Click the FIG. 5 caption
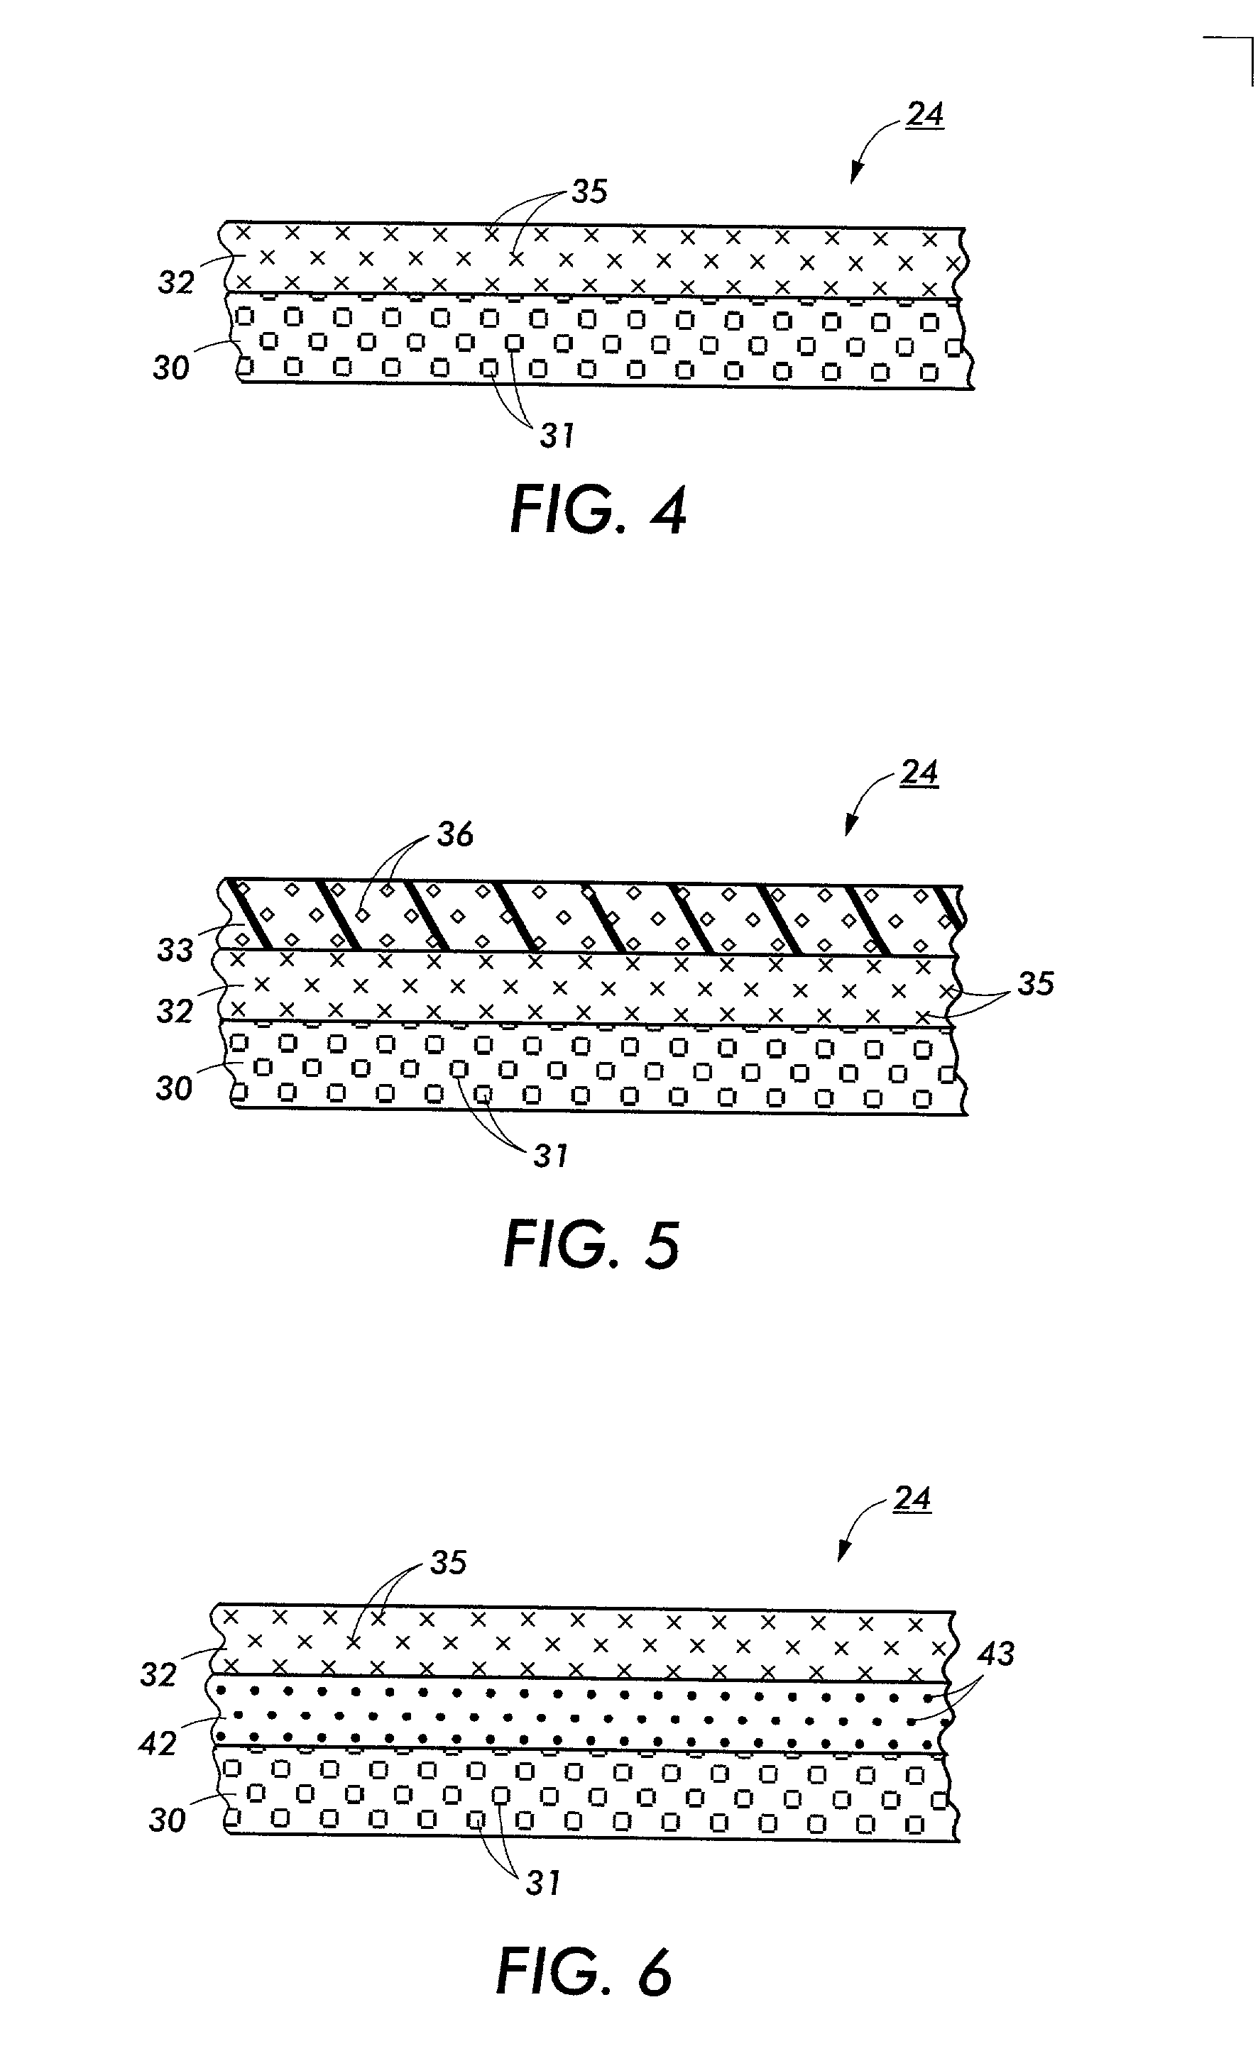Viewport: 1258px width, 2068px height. coord(591,1246)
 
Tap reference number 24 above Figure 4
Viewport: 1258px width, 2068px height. coord(924,114)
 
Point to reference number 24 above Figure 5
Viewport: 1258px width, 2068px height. coord(919,772)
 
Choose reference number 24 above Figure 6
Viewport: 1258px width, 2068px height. coord(912,1499)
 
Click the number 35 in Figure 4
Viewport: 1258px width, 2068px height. coord(589,192)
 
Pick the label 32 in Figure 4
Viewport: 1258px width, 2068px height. coord(175,283)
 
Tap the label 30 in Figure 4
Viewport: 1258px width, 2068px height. coord(170,367)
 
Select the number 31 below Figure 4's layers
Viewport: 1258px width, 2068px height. coord(556,436)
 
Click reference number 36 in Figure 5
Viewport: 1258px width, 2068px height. coord(454,834)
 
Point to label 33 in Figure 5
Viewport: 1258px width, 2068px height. coord(175,950)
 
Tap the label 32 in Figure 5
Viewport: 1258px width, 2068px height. coord(175,1012)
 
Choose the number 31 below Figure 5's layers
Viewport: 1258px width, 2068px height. coord(550,1156)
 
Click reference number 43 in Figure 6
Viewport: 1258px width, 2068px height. coord(996,1654)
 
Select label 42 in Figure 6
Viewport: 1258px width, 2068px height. coord(157,1744)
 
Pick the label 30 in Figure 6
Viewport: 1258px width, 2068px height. coord(166,1821)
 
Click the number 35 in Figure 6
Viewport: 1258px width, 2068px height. coord(447,1563)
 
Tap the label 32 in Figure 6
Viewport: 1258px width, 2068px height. coord(158,1674)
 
